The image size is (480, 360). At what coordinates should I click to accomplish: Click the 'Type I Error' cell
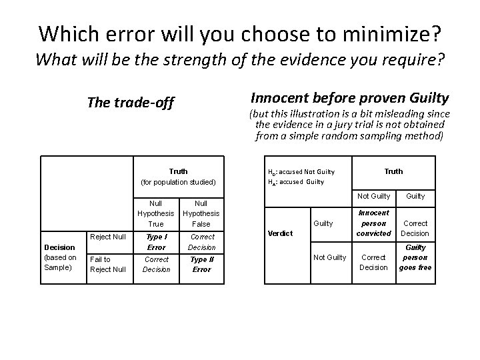[x=157, y=241]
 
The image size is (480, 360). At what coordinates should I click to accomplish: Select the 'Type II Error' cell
[x=201, y=264]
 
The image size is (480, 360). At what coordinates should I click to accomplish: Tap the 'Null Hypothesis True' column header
[x=156, y=213]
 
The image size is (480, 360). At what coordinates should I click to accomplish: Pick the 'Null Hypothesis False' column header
[x=201, y=213]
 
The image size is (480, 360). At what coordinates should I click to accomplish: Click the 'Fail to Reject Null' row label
[x=108, y=264]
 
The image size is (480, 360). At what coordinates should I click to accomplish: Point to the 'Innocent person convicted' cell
[x=374, y=223]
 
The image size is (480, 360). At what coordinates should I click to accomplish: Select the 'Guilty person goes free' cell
[x=415, y=257]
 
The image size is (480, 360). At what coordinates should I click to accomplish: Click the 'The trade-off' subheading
[x=131, y=103]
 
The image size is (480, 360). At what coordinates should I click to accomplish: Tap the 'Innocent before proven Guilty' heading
[x=349, y=97]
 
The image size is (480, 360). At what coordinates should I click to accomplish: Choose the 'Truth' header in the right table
[x=393, y=171]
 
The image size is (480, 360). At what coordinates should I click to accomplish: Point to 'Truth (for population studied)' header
[x=178, y=177]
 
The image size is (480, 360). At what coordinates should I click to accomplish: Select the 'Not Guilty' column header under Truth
[x=373, y=196]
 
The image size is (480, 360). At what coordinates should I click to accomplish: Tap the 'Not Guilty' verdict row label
[x=329, y=257]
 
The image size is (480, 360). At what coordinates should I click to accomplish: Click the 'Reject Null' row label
[x=107, y=236]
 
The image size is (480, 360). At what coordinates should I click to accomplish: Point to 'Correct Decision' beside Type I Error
[x=201, y=241]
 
